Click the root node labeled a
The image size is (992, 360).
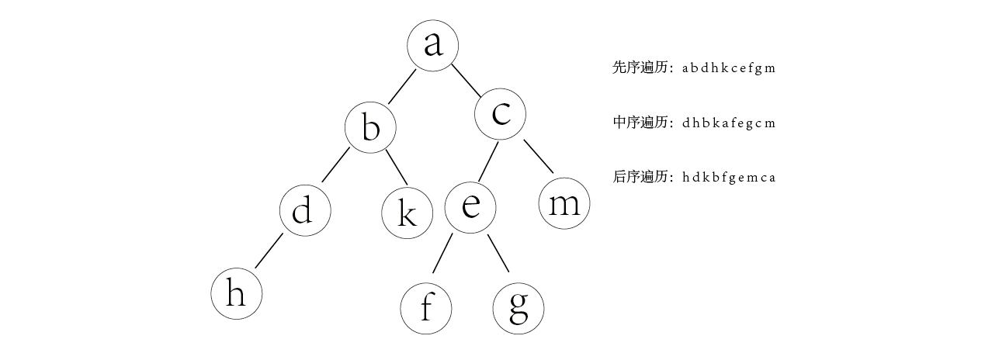[432, 45]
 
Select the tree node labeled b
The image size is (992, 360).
[370, 127]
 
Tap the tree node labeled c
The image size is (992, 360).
[501, 114]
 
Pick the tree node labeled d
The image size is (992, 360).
[305, 210]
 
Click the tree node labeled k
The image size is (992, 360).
[407, 213]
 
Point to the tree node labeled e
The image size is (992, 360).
[470, 207]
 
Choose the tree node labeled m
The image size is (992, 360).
[564, 205]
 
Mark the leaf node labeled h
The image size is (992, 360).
[236, 294]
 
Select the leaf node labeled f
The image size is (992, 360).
[425, 308]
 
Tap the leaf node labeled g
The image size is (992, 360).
[519, 308]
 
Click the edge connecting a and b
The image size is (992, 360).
[403, 85]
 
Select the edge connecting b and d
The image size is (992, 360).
[336, 164]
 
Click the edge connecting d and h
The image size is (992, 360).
[269, 250]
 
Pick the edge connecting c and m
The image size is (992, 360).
[538, 156]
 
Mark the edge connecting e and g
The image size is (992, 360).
[498, 253]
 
